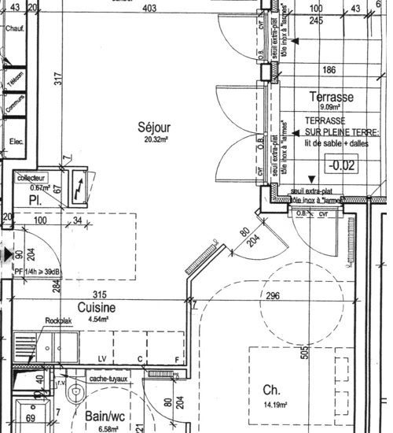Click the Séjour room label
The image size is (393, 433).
(x=152, y=127)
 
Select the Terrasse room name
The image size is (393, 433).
(x=331, y=97)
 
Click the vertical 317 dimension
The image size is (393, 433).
(x=57, y=80)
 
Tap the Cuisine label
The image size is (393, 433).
(x=96, y=308)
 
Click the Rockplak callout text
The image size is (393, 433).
(x=58, y=321)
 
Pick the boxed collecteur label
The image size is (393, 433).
(x=32, y=178)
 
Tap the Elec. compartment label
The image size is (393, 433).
(x=13, y=142)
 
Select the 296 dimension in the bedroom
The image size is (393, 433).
(x=273, y=296)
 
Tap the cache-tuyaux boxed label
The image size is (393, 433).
(x=109, y=379)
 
